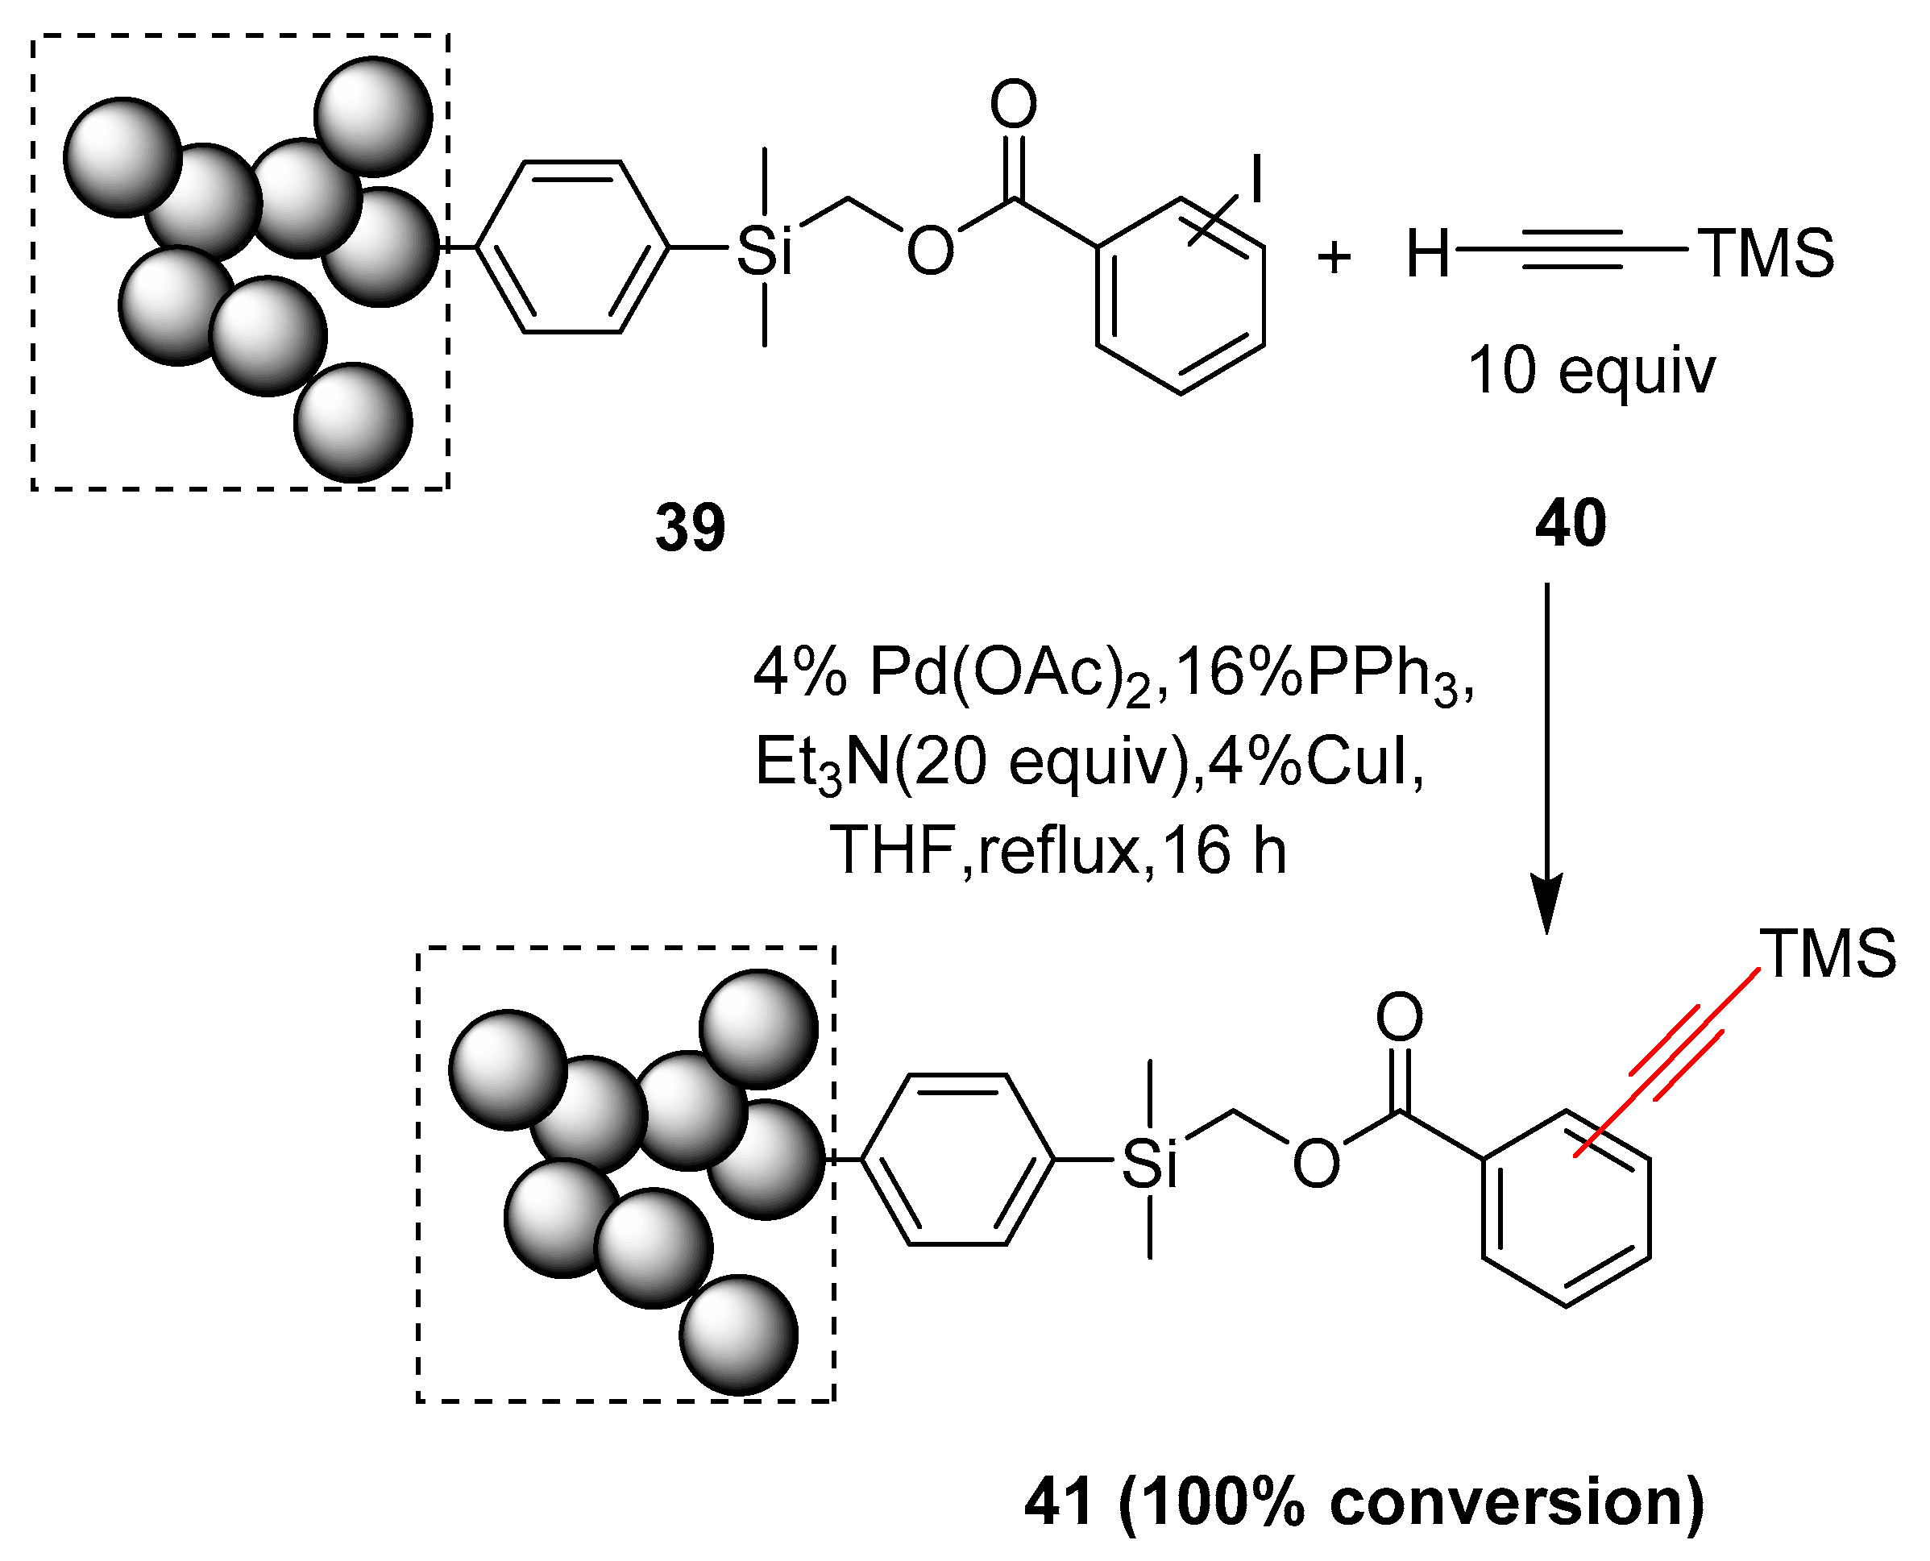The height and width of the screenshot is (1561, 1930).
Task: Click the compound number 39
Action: pyautogui.click(x=690, y=528)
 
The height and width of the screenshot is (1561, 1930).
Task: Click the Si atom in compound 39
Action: pyautogui.click(x=764, y=251)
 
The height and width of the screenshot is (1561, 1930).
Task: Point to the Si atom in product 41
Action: pyautogui.click(x=1150, y=1164)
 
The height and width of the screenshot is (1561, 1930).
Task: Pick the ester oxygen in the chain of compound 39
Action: pyautogui.click(x=929, y=251)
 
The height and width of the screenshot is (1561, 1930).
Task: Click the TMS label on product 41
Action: pyautogui.click(x=1829, y=953)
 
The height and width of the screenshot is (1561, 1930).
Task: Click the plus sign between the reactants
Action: pyautogui.click(x=1334, y=257)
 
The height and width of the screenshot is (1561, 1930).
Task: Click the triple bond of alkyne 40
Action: pyautogui.click(x=1573, y=251)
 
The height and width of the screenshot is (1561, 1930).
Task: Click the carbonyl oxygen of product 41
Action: pyautogui.click(x=1400, y=1017)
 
